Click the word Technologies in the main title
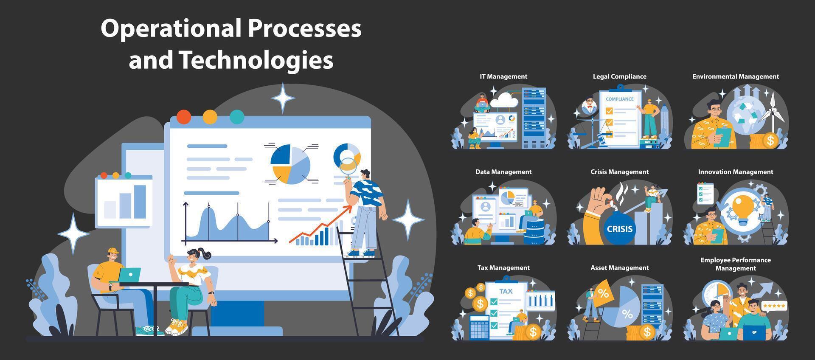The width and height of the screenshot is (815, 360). coord(256,60)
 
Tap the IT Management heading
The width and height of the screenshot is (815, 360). coord(503,76)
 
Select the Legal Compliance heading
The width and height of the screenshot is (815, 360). coord(619,76)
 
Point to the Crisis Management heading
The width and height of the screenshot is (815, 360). coord(619,172)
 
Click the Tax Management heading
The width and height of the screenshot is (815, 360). coord(503,268)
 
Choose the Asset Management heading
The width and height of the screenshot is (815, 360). coord(619,268)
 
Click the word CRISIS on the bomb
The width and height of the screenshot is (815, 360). coord(619,229)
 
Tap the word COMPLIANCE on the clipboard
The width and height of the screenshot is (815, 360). coord(619,99)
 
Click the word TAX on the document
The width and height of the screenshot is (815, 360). coord(506,291)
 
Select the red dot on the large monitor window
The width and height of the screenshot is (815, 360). coord(183,117)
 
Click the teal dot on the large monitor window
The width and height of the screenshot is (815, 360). coord(237,117)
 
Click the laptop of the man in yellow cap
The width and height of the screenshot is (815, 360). coord(129,275)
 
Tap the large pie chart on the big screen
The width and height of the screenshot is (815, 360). coord(290,164)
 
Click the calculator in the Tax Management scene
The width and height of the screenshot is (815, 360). coord(480,327)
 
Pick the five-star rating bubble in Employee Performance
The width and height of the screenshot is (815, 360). coord(774,306)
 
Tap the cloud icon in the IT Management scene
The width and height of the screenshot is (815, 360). coord(503,100)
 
